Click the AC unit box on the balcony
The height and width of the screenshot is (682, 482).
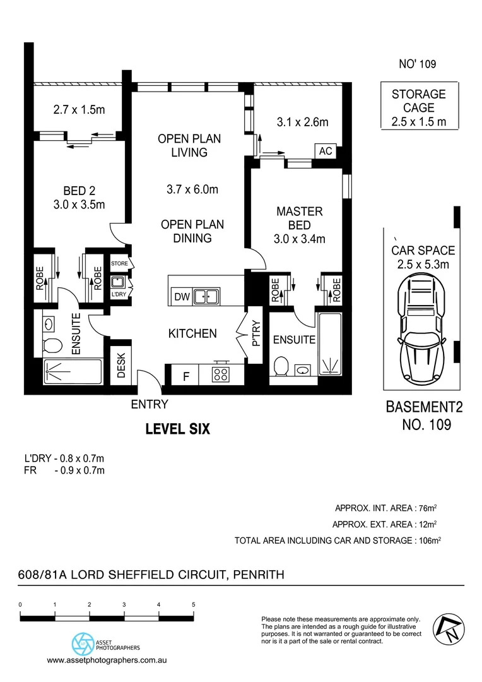point(326,152)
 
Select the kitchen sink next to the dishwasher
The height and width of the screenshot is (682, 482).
point(206,296)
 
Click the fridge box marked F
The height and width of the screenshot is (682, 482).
point(185,377)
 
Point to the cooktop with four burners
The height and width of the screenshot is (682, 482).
point(221,374)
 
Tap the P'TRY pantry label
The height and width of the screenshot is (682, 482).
point(256,335)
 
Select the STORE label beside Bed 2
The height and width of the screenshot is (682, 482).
point(119,263)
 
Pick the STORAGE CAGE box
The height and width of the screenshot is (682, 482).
point(418,107)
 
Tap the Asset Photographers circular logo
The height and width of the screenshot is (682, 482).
point(81,645)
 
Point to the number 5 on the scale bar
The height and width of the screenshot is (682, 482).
point(193,604)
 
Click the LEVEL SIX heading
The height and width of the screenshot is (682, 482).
point(177,429)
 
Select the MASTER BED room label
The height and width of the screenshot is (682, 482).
point(300,218)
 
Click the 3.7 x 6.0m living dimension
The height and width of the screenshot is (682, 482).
point(192,189)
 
